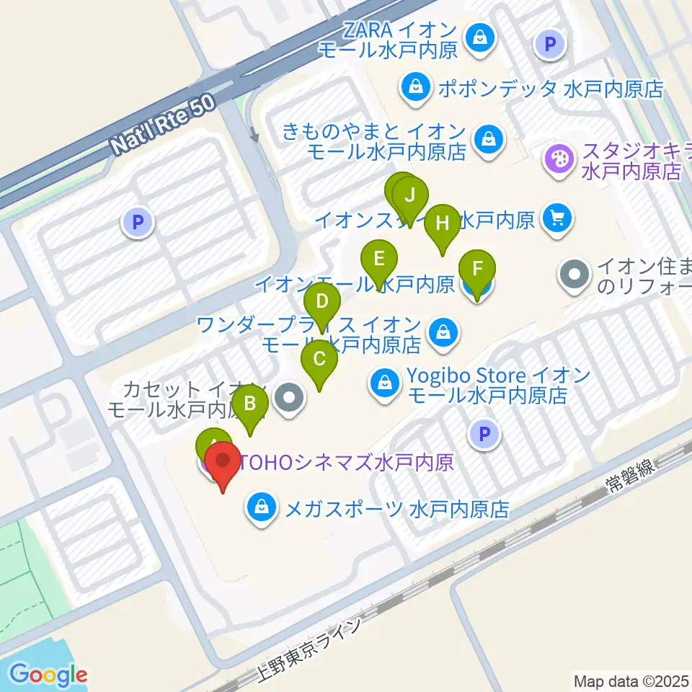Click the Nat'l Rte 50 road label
click(x=164, y=125)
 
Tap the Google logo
click(x=48, y=675)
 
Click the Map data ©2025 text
click(x=631, y=680)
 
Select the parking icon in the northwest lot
click(x=138, y=222)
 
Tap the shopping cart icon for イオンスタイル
click(x=556, y=217)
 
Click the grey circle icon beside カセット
click(x=290, y=396)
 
